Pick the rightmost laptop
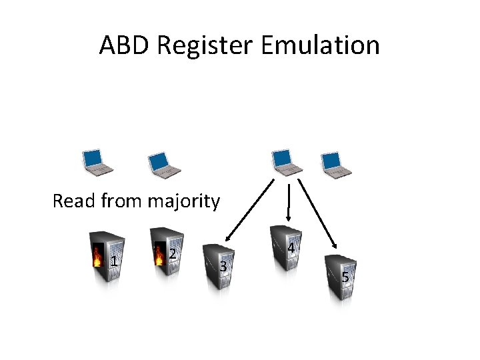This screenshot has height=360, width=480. coord(333,163)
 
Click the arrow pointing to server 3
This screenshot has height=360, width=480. coord(251,209)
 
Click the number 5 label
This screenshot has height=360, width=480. coord(345,277)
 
